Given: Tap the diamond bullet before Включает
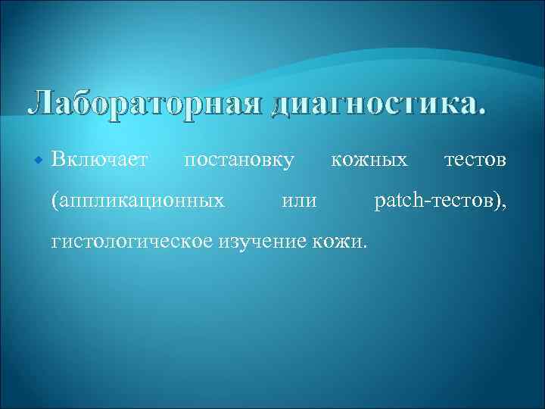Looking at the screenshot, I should click(x=39, y=161).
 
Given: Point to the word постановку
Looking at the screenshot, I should click(x=239, y=160).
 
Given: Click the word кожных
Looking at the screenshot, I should click(x=369, y=160).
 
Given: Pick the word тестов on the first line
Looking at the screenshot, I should click(x=476, y=160).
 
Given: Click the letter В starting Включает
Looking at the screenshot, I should click(x=58, y=160).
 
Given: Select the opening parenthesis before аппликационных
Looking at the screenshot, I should click(x=53, y=201).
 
